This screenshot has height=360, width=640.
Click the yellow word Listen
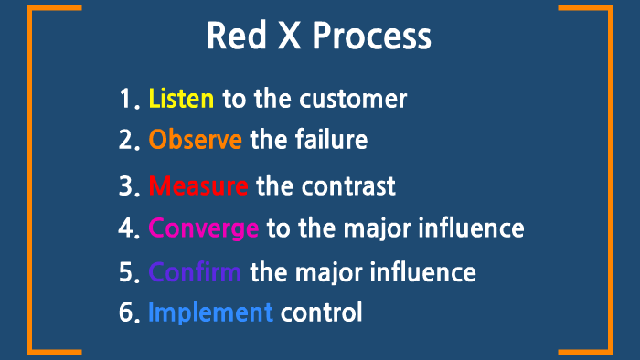click(181, 99)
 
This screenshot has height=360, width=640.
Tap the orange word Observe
click(195, 141)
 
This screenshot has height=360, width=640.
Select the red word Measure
click(197, 186)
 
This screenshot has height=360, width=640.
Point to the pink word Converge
click(203, 228)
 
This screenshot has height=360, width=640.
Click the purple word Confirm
click(195, 272)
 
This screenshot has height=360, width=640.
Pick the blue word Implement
click(210, 312)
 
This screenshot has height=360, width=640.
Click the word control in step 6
click(321, 312)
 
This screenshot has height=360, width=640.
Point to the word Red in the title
click(234, 37)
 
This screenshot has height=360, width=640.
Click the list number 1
click(125, 99)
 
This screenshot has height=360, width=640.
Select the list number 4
click(126, 228)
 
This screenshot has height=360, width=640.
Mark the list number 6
click(126, 312)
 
